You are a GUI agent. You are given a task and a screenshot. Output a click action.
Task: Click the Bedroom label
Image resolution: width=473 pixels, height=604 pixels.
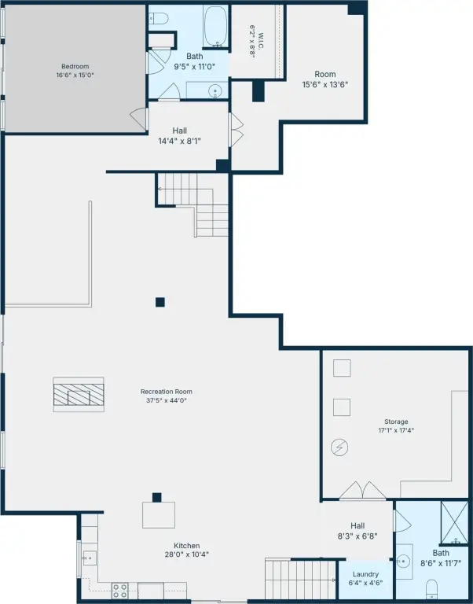pos(75,66)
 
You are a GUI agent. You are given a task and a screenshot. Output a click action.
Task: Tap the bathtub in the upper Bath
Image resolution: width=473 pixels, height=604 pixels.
pos(216,26)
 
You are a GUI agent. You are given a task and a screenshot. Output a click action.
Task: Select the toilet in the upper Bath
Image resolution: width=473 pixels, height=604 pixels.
pos(159,18)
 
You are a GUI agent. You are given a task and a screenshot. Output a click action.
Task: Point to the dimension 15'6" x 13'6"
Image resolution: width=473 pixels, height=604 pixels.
pos(325,84)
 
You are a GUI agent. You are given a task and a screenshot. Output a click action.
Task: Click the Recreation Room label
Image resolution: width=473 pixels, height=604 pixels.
pos(167,392)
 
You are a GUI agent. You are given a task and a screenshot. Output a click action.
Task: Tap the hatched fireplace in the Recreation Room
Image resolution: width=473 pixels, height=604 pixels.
pos(79,395)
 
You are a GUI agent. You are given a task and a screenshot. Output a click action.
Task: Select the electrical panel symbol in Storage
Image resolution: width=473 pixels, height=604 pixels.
pos(339,447)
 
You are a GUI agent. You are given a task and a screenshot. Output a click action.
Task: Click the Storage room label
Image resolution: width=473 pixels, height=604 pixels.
pos(396,422)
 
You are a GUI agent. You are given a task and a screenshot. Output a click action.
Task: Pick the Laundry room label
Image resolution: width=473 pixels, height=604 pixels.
pos(365,574)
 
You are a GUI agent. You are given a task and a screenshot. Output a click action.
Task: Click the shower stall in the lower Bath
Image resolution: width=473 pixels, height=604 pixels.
pos(454,523)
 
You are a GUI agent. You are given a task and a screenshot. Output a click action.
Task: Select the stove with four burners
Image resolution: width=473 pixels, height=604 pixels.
pos(119,590)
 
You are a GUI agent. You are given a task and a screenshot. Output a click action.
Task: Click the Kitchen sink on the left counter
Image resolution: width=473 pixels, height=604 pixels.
pos(90,558)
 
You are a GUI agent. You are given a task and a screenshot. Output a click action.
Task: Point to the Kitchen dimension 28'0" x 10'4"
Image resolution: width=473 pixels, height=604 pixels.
pos(187,554)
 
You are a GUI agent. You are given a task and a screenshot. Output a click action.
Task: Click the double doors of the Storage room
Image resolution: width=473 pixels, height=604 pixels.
pos(362,491)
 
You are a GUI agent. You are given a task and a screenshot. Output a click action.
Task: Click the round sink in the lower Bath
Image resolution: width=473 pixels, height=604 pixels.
pos(403,561)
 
